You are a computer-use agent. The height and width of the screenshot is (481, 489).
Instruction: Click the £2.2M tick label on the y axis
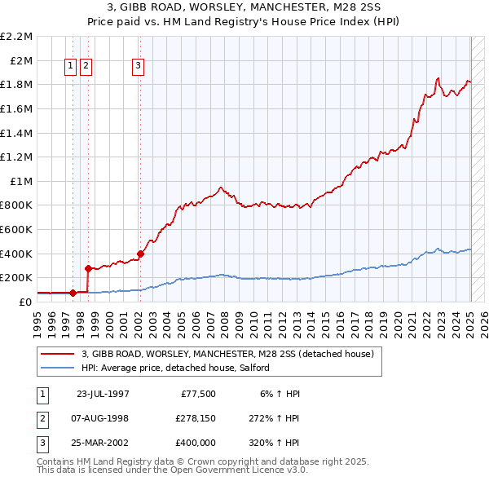point(16,37)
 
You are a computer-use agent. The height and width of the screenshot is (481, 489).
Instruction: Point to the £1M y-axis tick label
point(21,181)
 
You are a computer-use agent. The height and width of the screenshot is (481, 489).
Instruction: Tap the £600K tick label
point(18,229)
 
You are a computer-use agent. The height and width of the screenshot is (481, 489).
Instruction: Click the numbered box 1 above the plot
point(71,67)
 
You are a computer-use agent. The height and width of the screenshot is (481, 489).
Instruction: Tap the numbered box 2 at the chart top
point(86,67)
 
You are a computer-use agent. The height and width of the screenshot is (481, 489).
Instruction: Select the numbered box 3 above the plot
point(139,67)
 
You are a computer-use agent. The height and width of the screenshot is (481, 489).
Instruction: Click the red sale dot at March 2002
point(140,254)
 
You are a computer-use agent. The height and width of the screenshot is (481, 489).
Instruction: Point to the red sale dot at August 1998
point(87,267)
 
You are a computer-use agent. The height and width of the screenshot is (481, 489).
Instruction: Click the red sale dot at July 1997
point(73,292)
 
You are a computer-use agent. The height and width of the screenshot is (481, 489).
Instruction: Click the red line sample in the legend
point(58,354)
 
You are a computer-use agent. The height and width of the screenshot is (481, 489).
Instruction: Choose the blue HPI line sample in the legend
point(58,368)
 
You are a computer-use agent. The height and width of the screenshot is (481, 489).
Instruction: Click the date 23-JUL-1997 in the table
point(103,393)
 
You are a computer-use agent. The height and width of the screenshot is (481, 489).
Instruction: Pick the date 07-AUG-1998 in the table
point(103,418)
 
